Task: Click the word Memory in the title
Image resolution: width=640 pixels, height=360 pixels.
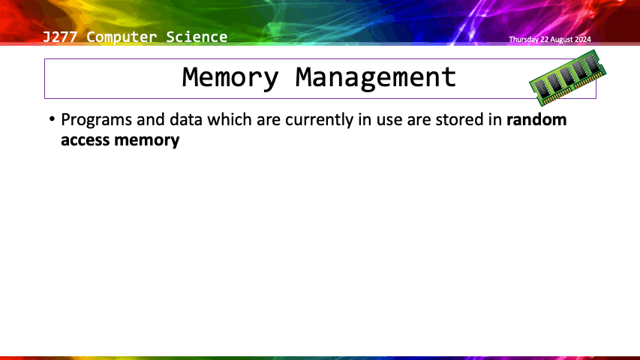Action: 230,77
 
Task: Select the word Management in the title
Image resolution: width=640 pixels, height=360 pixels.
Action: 375,77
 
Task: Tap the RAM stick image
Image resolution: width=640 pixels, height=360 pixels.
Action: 568,77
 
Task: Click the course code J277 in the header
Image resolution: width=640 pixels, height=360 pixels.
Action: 59,37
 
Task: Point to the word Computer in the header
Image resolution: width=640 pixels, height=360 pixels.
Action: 122,37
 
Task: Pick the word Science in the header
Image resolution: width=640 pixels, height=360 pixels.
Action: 197,37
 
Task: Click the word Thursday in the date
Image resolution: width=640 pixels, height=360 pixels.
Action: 524,40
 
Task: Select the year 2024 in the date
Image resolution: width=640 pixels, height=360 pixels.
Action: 583,40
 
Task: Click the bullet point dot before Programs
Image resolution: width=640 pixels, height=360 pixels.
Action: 52,119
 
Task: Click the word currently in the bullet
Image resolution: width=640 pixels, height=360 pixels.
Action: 319,120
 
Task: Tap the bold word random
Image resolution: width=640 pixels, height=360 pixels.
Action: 536,119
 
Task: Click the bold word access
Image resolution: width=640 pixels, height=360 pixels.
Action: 86,140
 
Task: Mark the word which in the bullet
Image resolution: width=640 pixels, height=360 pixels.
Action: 230,119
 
